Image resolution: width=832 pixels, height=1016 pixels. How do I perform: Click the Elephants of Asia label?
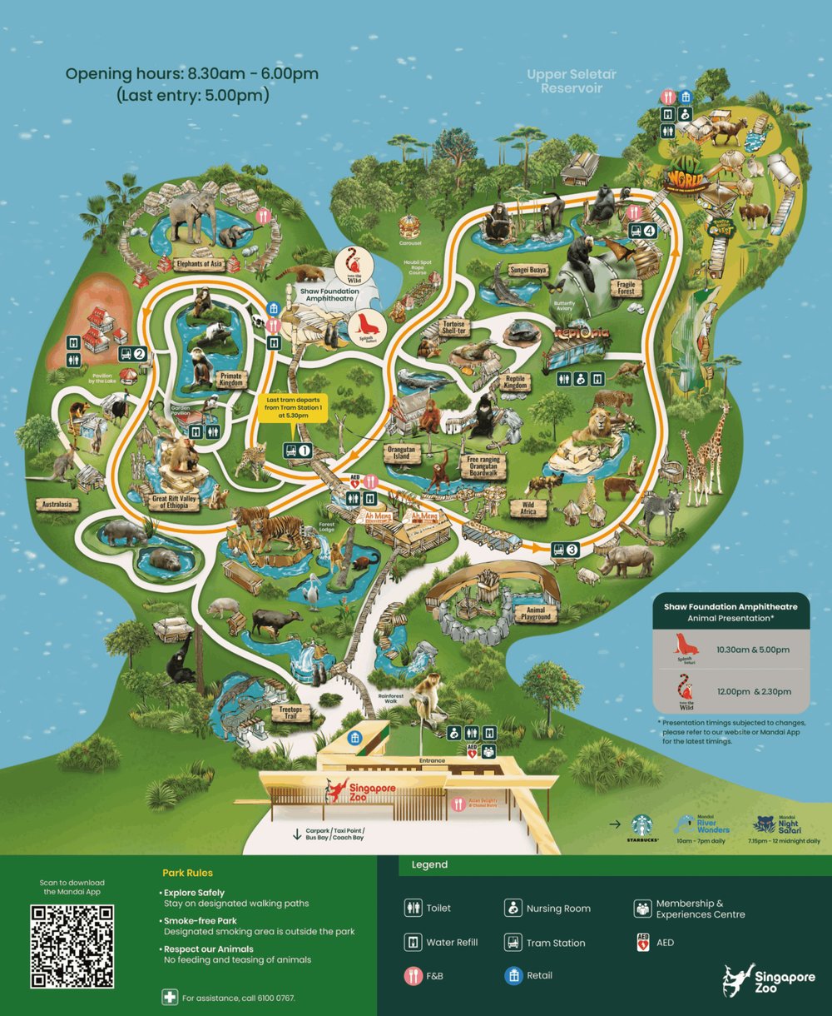pyautogui.click(x=199, y=264)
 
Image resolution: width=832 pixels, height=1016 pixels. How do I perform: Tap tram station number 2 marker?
pyautogui.click(x=133, y=353)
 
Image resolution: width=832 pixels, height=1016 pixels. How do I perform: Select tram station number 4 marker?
pyautogui.click(x=642, y=231)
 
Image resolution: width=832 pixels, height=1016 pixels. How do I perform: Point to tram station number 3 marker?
pyautogui.click(x=565, y=549)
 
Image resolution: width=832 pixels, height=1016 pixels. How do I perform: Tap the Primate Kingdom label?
pyautogui.click(x=230, y=379)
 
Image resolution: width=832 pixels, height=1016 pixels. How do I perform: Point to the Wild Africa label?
pyautogui.click(x=527, y=507)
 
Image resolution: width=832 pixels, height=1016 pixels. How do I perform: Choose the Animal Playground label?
pyautogui.click(x=535, y=614)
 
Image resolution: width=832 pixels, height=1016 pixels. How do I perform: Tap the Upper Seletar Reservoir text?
pyautogui.click(x=572, y=81)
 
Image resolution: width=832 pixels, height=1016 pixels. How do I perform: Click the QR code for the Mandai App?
pyautogui.click(x=72, y=947)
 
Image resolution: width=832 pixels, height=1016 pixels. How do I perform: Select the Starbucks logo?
pyautogui.click(x=641, y=825)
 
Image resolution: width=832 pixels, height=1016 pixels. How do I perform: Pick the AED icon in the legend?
pyautogui.click(x=642, y=943)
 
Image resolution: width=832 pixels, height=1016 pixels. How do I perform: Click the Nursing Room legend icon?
pyautogui.click(x=513, y=908)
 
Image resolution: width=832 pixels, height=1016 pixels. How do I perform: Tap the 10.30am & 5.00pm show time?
pyautogui.click(x=753, y=650)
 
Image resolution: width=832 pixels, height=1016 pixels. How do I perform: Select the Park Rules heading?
pyautogui.click(x=187, y=873)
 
